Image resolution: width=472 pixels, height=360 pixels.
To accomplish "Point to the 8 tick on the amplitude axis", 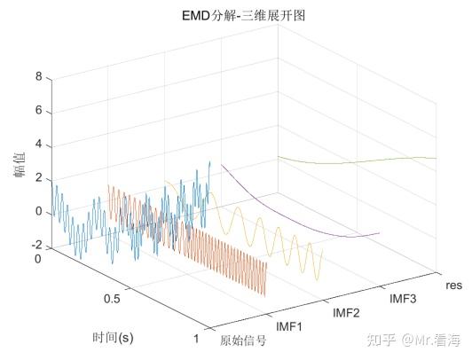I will pyautogui.click(x=38, y=77).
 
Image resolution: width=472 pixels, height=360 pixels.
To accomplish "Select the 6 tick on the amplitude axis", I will pyautogui.click(x=38, y=111).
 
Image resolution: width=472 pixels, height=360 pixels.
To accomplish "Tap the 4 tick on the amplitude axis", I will pyautogui.click(x=38, y=145).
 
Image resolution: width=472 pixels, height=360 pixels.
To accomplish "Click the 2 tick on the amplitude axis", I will pyautogui.click(x=38, y=178).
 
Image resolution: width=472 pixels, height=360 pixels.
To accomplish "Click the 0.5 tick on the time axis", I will pyautogui.click(x=112, y=299).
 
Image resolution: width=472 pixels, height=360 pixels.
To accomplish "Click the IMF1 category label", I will pyautogui.click(x=290, y=327).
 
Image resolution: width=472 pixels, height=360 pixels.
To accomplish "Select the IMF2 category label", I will pyautogui.click(x=347, y=313).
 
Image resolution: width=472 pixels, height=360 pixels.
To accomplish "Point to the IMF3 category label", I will pyautogui.click(x=405, y=300).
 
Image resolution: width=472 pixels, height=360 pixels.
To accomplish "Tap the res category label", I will pyautogui.click(x=453, y=286).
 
